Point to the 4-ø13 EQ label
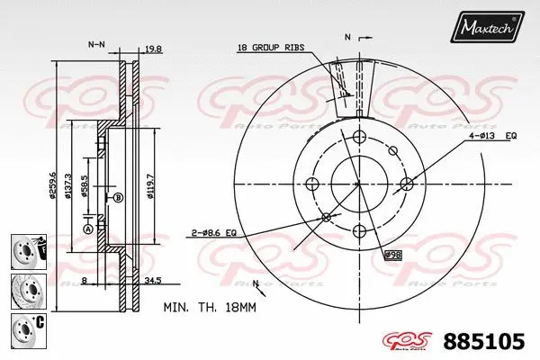[490, 136]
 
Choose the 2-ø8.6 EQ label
[212, 232]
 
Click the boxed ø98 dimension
[392, 255]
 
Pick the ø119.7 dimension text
[149, 171]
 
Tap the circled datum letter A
[88, 229]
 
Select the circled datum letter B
[118, 197]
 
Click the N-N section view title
[96, 43]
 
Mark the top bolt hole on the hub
[359, 136]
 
